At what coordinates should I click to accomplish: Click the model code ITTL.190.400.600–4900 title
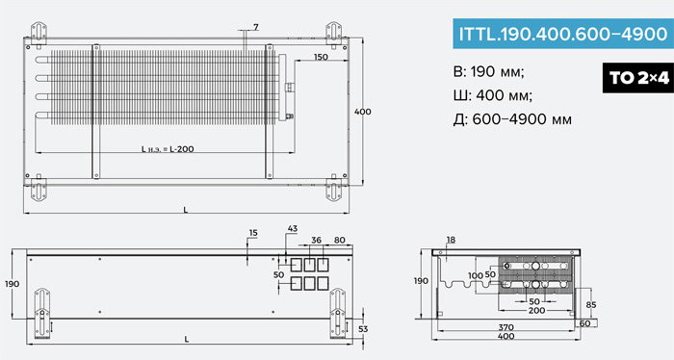click(x=563, y=34)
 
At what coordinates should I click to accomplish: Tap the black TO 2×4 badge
click(x=638, y=78)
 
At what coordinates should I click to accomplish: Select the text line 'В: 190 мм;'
click(x=489, y=71)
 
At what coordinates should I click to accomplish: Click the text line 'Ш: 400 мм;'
click(x=493, y=95)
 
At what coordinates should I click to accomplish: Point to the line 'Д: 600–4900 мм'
click(x=512, y=119)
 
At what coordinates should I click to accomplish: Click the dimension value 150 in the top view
click(x=321, y=57)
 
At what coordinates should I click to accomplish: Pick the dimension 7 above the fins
click(x=256, y=28)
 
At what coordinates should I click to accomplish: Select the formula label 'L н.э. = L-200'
click(x=168, y=149)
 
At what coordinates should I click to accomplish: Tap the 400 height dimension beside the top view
click(x=362, y=112)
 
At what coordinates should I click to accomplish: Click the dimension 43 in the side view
click(x=293, y=228)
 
